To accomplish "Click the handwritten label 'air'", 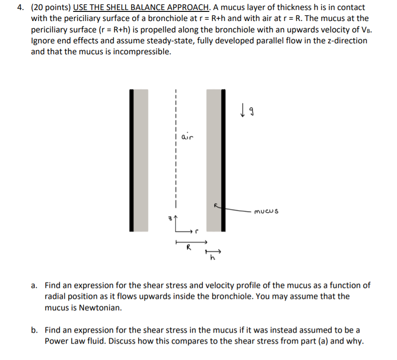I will [x=188, y=136].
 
